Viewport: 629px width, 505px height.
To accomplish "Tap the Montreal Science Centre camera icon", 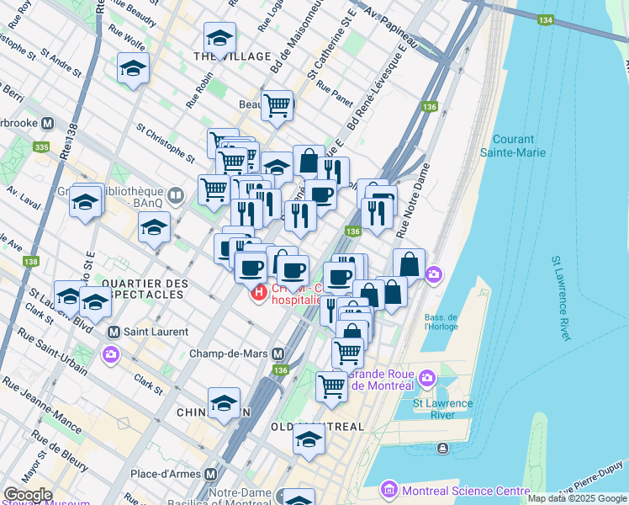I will [388, 489].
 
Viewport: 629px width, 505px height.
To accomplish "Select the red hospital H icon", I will [259, 293].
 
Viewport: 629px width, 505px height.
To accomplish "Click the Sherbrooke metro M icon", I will [48, 123].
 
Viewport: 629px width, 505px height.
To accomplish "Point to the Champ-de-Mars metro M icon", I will [277, 353].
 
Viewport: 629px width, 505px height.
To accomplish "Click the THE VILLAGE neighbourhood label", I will [232, 56].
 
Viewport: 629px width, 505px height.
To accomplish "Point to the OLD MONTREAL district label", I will [318, 427].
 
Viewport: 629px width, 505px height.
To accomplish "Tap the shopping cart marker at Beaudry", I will [277, 105].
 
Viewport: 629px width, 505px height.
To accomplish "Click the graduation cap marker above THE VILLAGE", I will [219, 37].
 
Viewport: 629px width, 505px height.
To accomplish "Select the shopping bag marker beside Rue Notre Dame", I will [409, 263].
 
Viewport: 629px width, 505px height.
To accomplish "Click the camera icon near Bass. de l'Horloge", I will [433, 274].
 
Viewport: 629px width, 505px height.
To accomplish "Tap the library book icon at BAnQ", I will [175, 195].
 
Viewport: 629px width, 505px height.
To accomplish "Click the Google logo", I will [28, 494].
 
